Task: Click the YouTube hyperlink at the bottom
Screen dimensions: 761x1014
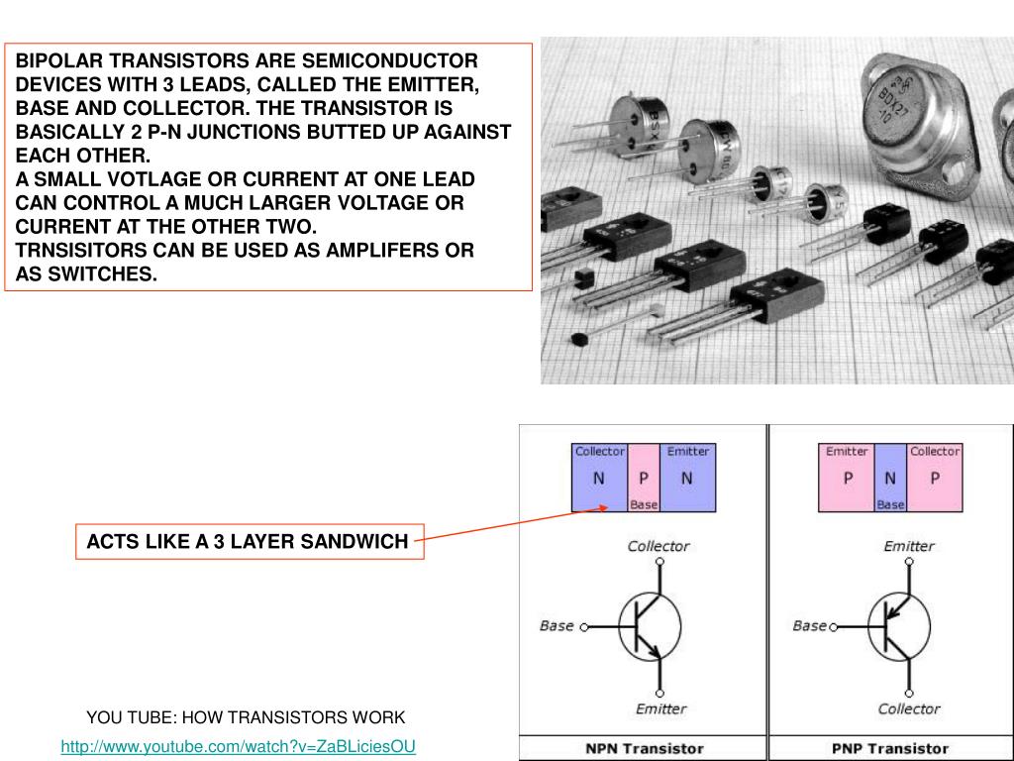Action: (238, 746)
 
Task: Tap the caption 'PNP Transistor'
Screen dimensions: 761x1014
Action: (890, 748)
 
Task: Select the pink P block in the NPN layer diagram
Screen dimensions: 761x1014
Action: (644, 477)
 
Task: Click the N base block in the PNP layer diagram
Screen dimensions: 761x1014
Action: (890, 477)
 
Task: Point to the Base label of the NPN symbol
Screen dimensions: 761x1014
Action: (557, 626)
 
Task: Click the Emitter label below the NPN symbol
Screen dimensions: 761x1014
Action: (660, 708)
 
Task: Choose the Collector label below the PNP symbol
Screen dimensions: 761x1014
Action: (908, 708)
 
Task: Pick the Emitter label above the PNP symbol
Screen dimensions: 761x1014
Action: (908, 546)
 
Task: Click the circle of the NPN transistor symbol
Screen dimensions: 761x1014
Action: (651, 626)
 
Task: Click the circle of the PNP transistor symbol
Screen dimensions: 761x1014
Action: (899, 626)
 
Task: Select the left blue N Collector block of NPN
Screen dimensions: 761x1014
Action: (599, 479)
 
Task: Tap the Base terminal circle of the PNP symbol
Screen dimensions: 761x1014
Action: (833, 627)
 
